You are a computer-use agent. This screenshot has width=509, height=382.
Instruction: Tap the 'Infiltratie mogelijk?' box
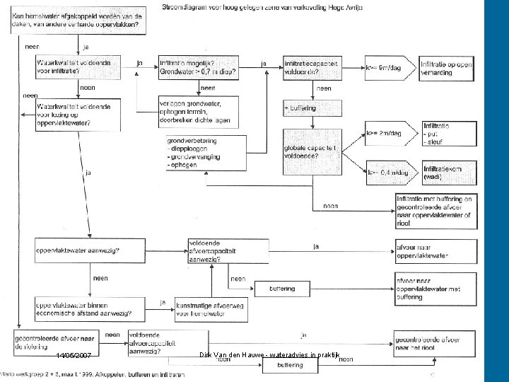coord(198,67)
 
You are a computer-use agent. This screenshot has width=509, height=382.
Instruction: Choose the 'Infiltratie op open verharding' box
coord(445,67)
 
